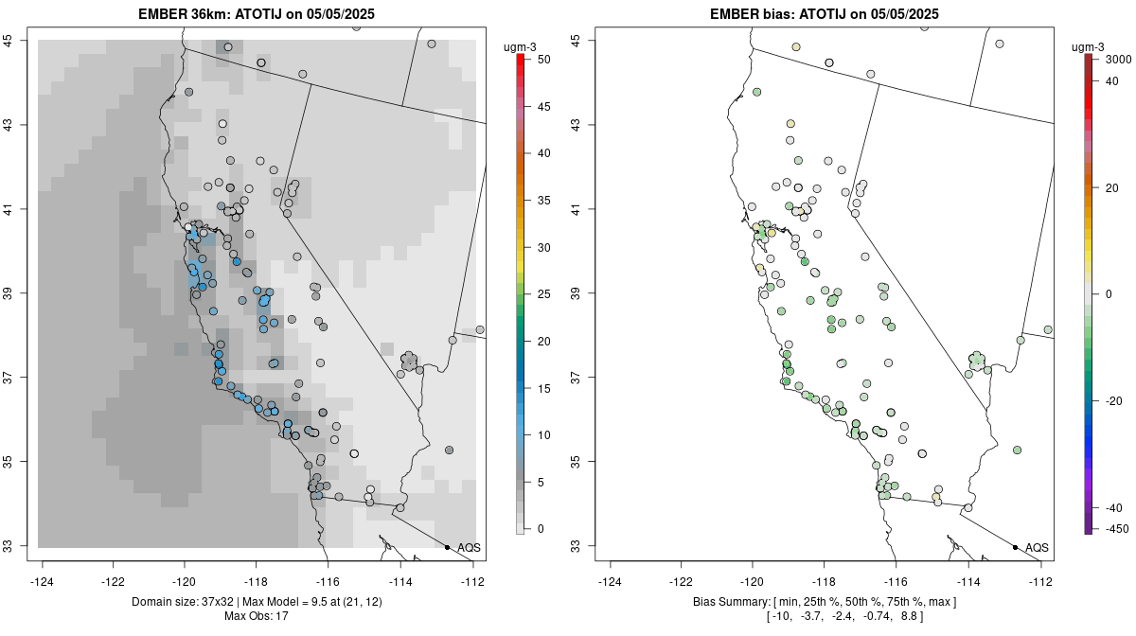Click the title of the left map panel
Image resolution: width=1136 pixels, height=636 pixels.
(x=260, y=14)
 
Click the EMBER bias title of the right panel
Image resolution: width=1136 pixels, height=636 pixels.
(x=825, y=14)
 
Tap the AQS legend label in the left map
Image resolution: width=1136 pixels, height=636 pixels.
(x=469, y=548)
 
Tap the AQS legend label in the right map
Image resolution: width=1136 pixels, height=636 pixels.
(x=1037, y=548)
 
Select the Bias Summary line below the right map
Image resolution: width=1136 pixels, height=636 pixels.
(x=825, y=602)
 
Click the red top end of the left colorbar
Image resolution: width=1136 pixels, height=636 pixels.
(x=520, y=59)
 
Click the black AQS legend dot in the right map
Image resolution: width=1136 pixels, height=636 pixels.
(x=1015, y=548)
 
